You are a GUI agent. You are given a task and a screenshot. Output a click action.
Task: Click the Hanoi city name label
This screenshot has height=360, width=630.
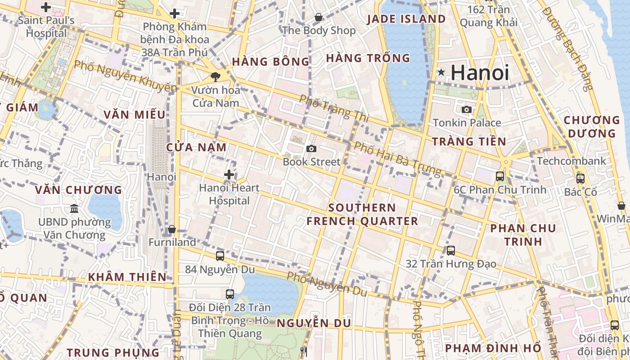pyautogui.click(x=480, y=73)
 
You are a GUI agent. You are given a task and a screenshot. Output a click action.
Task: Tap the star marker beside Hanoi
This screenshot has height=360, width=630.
pyautogui.click(x=441, y=72)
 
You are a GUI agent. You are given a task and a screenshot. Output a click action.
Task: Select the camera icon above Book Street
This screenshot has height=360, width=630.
pyautogui.click(x=311, y=148)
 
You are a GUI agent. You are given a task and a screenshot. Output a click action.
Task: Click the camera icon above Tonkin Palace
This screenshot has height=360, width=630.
pyautogui.click(x=467, y=109)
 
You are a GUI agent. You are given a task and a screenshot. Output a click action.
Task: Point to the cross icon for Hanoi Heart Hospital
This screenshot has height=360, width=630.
pyautogui.click(x=229, y=175)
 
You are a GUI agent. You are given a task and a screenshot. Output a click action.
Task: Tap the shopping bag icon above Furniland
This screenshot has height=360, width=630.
pyautogui.click(x=171, y=229)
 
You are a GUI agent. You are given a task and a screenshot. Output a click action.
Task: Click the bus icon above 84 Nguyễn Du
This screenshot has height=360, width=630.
pyautogui.click(x=220, y=256)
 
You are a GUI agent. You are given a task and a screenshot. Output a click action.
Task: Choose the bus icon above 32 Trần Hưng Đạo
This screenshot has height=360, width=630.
pyautogui.click(x=451, y=250)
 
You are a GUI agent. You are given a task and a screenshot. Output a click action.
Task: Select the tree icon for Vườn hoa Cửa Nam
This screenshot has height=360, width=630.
pyautogui.click(x=216, y=76)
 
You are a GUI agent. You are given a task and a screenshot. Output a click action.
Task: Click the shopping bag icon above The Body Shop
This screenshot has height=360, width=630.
pyautogui.click(x=319, y=18)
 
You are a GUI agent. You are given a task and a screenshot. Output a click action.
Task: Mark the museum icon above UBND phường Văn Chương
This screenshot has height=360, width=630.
pyautogui.click(x=74, y=208)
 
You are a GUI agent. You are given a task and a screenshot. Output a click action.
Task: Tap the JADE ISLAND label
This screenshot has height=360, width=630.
pyautogui.click(x=406, y=19)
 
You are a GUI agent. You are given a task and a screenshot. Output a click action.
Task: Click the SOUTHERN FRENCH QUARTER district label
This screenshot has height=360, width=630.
pyautogui.click(x=362, y=214)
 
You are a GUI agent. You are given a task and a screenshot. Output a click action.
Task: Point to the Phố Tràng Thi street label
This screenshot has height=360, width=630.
pyautogui.click(x=334, y=108)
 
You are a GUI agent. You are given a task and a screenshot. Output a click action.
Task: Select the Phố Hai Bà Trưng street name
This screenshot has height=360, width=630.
pyautogui.click(x=397, y=158)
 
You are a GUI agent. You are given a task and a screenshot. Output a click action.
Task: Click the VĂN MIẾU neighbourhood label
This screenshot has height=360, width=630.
pyautogui.click(x=135, y=115)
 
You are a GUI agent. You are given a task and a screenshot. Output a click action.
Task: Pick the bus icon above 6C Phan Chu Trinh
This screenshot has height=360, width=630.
pyautogui.click(x=500, y=176)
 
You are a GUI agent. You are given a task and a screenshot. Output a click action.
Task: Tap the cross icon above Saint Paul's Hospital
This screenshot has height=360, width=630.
pyautogui.click(x=46, y=7)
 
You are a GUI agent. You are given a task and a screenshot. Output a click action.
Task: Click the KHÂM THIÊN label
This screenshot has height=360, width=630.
pyautogui.click(x=127, y=277)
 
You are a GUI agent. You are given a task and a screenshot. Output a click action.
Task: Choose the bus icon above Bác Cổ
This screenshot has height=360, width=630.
pyautogui.click(x=580, y=178)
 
